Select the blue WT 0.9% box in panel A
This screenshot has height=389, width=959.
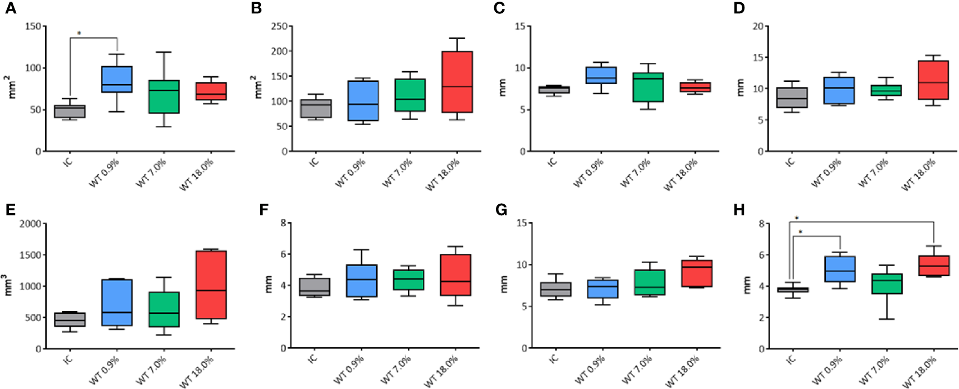116,79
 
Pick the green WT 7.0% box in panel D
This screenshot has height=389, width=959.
886,90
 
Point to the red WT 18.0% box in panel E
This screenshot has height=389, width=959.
211,284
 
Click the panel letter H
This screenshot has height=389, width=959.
739,210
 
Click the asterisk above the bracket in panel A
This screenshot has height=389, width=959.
79,34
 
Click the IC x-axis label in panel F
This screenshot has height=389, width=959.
313,358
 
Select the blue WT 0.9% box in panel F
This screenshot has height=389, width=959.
361,280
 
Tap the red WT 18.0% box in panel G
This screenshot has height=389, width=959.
697,273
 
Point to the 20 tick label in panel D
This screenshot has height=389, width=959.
758,27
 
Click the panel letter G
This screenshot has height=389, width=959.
502,210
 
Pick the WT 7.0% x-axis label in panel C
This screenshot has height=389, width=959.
635,173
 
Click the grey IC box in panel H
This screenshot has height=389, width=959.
792,289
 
